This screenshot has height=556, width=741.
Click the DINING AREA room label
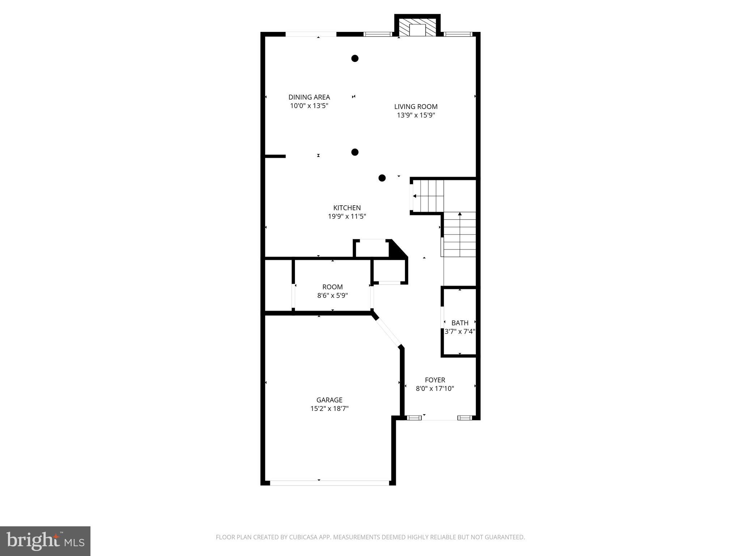click(x=309, y=97)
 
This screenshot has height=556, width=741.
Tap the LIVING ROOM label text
click(x=416, y=106)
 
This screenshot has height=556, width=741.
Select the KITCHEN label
click(x=347, y=208)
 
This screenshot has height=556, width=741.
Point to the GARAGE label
click(x=329, y=400)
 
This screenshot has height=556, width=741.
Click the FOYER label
click(x=435, y=380)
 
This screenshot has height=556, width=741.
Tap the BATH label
click(x=460, y=323)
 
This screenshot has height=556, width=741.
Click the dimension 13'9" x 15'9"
click(x=416, y=115)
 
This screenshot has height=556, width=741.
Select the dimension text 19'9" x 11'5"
click(x=347, y=216)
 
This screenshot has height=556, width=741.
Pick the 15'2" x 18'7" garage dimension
click(x=329, y=409)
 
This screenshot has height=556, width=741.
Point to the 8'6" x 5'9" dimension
click(x=333, y=295)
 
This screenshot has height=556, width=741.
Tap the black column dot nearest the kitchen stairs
click(x=382, y=178)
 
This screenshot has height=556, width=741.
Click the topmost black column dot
click(x=355, y=58)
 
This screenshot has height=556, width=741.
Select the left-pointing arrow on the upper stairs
click(x=415, y=196)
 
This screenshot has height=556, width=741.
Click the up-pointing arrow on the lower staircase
click(x=460, y=214)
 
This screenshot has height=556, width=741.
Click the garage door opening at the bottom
click(x=329, y=483)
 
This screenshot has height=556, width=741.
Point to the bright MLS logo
click(x=45, y=541)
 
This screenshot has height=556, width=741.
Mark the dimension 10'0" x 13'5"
click(x=309, y=106)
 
